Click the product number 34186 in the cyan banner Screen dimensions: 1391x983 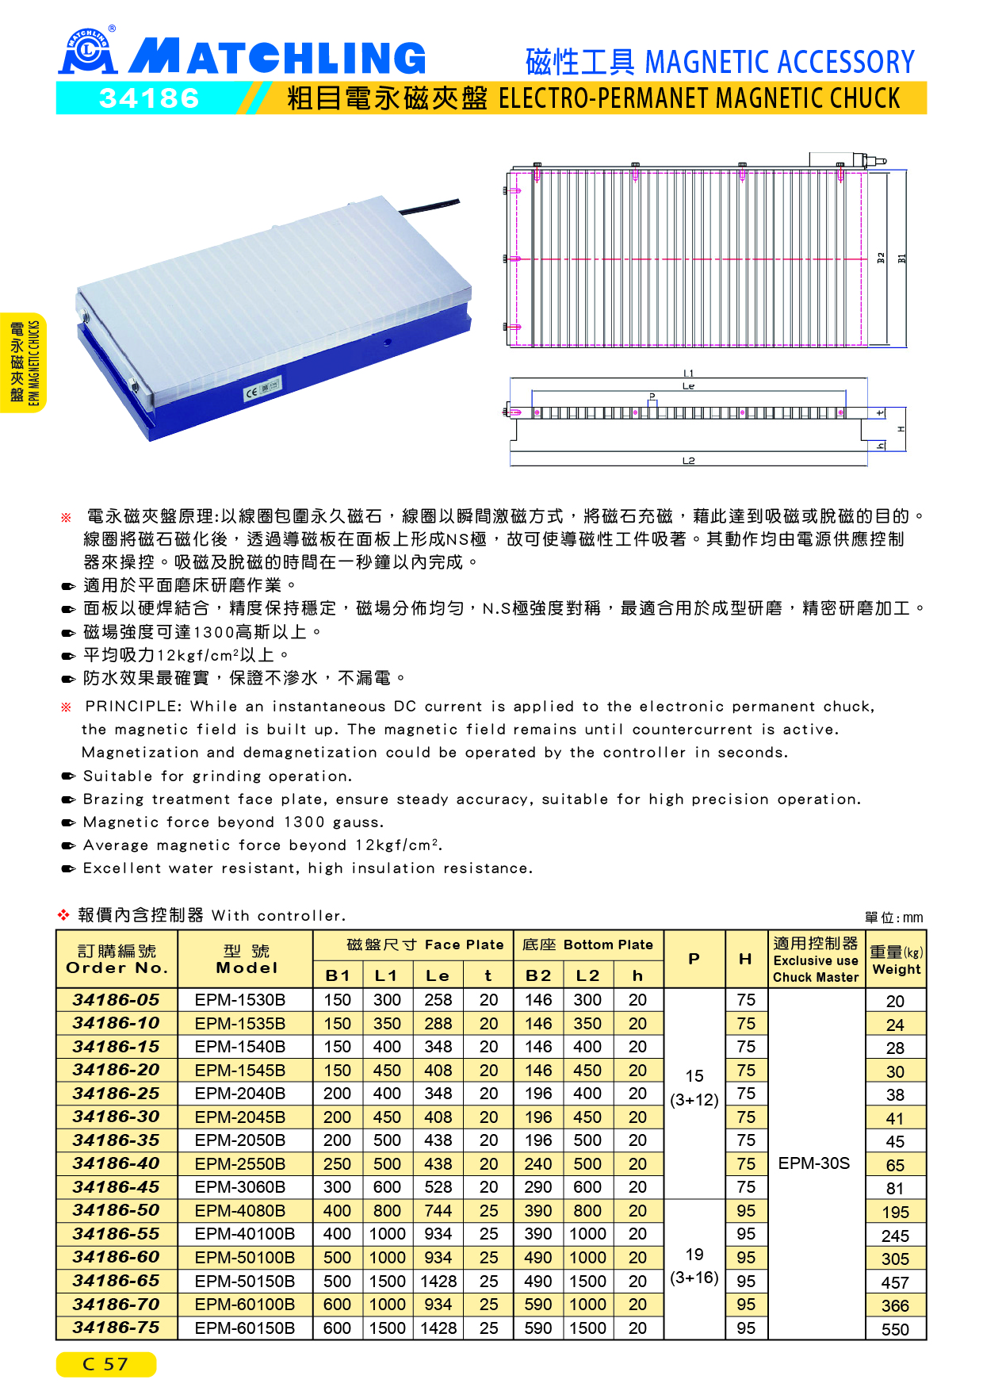pos(149,98)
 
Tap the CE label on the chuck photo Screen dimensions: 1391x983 pos(251,393)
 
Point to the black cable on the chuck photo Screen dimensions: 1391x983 pos(428,207)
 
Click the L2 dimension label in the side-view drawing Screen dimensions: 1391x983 pos(688,461)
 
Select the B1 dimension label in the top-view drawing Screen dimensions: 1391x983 pos(901,259)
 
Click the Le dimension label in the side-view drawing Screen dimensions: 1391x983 pos(688,386)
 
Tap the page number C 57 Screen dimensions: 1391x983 pos(105,1364)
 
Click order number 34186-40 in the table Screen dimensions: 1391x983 pos(117,1163)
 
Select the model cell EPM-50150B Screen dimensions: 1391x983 pos(245,1281)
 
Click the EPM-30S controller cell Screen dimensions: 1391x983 pos(814,1163)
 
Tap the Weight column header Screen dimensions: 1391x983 pos(896,960)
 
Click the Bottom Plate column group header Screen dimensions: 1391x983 pos(587,945)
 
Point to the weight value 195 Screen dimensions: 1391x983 pos(895,1213)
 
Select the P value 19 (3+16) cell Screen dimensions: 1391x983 pos(694,1266)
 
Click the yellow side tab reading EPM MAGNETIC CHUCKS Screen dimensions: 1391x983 pos(24,362)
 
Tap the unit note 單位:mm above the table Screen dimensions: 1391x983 pos(893,918)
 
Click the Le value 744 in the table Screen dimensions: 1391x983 pos(438,1211)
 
